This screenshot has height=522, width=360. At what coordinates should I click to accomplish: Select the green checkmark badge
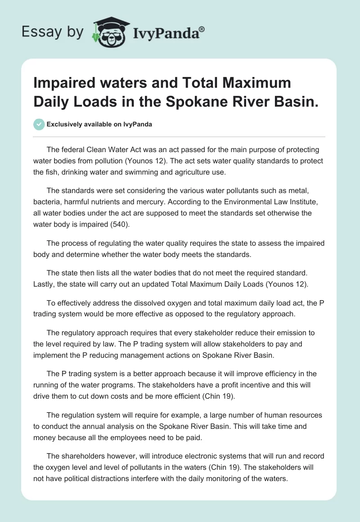[x=39, y=124]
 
